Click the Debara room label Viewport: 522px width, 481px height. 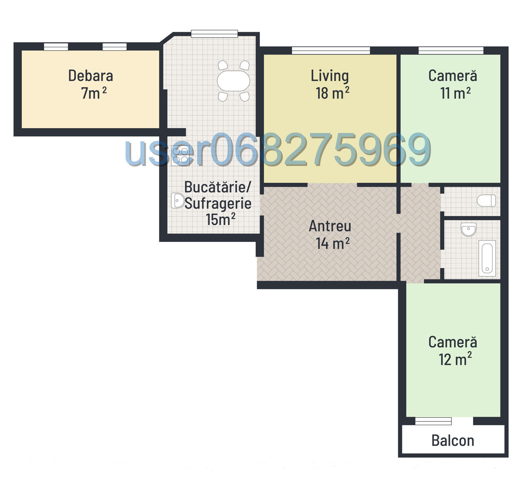[x=91, y=76]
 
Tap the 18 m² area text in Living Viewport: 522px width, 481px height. [x=332, y=93]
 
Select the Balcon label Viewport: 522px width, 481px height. [x=453, y=441]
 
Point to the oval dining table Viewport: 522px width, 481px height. [x=233, y=81]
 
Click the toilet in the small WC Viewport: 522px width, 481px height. [x=486, y=201]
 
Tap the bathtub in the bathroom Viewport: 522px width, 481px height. [x=487, y=258]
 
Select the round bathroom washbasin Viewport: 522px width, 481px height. [x=469, y=229]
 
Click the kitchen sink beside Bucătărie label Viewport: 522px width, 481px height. [x=177, y=201]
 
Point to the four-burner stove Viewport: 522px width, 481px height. [x=180, y=155]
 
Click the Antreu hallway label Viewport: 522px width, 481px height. [x=330, y=226]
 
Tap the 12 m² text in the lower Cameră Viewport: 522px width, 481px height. [x=455, y=359]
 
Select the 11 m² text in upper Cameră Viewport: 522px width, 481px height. [x=455, y=93]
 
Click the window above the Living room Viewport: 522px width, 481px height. [x=331, y=51]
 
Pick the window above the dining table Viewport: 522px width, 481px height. [x=215, y=34]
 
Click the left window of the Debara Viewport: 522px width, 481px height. [x=56, y=47]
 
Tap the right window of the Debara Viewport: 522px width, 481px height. [x=115, y=47]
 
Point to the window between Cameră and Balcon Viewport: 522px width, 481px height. [x=433, y=421]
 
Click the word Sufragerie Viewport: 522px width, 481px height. [x=218, y=204]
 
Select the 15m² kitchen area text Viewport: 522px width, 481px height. [x=221, y=219]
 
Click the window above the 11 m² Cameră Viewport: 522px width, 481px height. [x=451, y=51]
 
